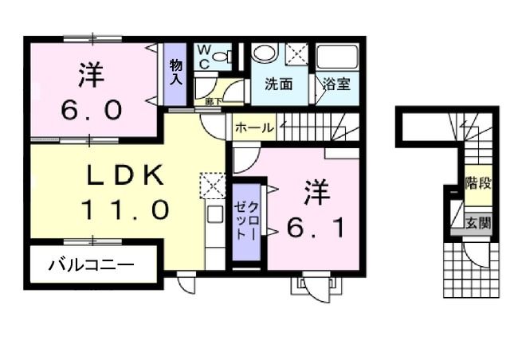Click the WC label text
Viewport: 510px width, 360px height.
click(203, 57)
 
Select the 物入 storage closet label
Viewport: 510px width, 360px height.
click(176, 72)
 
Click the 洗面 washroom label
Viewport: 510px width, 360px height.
click(278, 83)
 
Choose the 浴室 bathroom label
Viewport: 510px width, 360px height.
click(334, 83)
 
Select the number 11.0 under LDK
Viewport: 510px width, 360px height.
click(124, 210)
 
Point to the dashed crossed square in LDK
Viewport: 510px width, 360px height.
click(214, 185)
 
